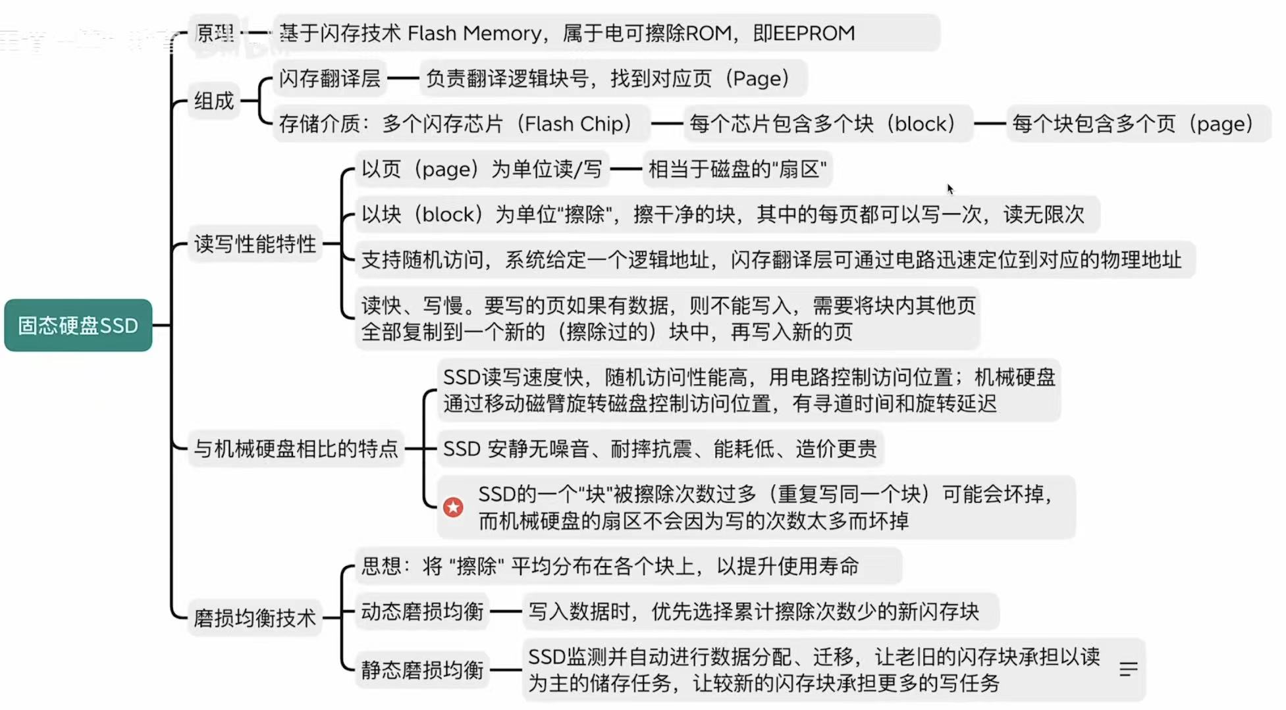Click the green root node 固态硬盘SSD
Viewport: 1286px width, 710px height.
click(78, 325)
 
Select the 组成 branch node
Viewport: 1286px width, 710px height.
click(214, 101)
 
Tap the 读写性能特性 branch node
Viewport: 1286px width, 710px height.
click(255, 244)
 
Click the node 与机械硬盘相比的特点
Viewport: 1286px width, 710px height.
click(296, 449)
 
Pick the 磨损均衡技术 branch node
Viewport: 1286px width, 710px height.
click(254, 618)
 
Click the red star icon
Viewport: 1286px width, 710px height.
click(453, 507)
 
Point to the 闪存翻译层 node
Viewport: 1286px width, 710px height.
click(329, 78)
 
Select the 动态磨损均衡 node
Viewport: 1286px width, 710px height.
click(422, 611)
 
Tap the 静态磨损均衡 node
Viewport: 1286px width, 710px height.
click(422, 670)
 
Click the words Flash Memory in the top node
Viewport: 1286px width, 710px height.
click(474, 33)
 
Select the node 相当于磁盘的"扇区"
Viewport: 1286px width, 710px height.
click(737, 169)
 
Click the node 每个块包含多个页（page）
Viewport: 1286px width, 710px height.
click(1133, 124)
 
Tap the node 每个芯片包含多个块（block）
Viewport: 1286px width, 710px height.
click(823, 124)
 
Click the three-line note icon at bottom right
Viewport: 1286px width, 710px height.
click(1128, 669)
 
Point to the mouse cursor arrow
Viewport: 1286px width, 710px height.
click(950, 188)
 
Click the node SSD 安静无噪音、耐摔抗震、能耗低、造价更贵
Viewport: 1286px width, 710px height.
click(660, 449)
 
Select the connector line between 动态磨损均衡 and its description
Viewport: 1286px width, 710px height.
click(506, 611)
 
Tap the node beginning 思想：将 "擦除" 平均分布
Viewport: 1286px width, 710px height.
click(609, 566)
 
